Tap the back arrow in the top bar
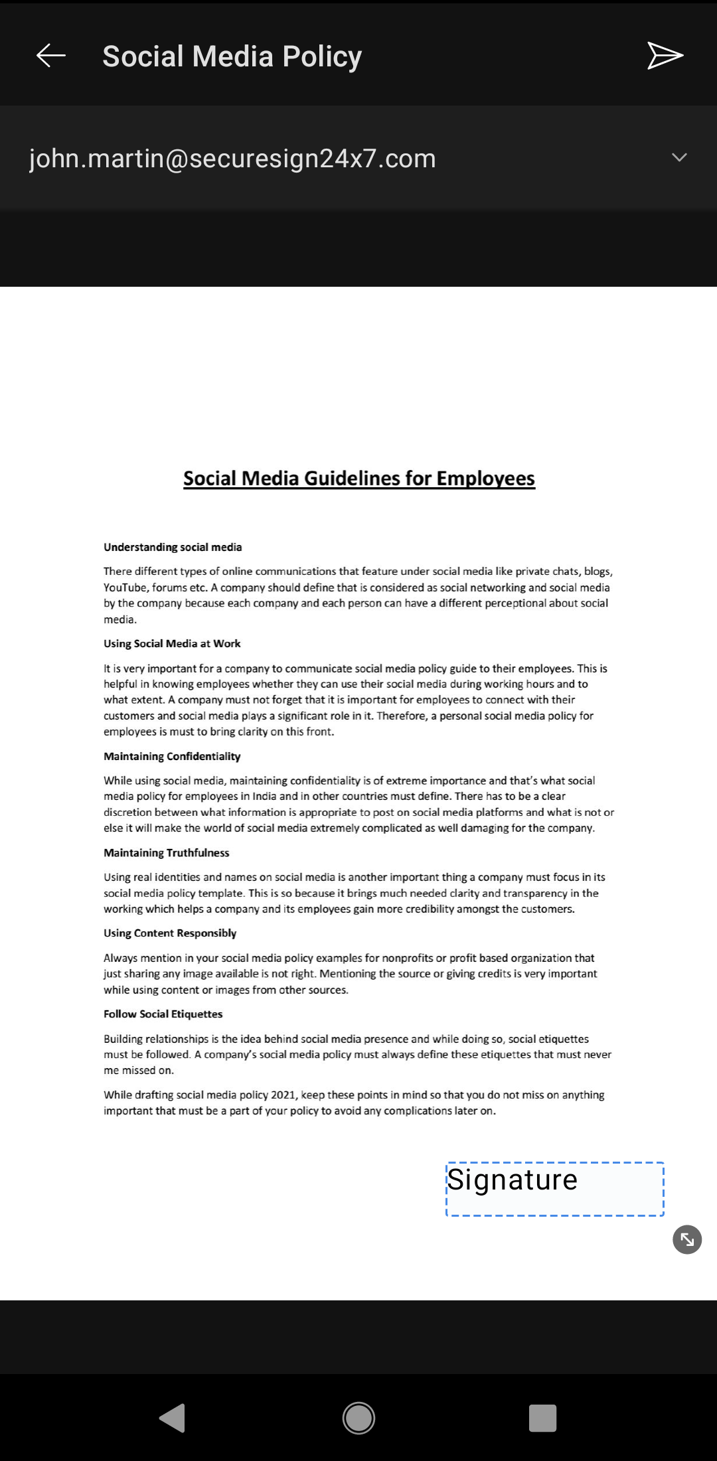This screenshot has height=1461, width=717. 50,56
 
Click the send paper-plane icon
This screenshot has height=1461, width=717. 665,56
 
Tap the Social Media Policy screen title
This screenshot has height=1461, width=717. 232,56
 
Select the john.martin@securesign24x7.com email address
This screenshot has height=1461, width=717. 232,159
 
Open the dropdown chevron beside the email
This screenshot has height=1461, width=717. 678,158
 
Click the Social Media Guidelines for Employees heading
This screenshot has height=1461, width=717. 358,479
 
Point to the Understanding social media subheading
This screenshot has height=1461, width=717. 173,547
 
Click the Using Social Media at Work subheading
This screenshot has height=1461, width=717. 172,643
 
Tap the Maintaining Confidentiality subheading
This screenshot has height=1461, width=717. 172,756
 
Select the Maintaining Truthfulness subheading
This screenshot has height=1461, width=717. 166,852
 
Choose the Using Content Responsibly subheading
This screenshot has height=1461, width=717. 170,933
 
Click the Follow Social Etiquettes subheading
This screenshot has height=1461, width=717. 163,1014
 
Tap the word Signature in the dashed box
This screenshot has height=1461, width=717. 512,1180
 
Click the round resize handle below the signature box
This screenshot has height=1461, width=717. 687,1239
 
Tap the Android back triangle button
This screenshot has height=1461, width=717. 173,1418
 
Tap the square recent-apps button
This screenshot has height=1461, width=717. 542,1418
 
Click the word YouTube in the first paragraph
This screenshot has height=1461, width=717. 124,587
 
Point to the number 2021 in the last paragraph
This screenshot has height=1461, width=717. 283,1095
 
